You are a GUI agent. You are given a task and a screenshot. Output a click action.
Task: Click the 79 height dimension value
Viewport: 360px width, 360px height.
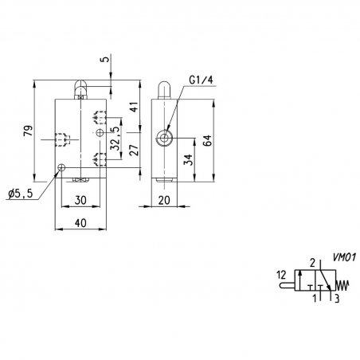tap(29, 131)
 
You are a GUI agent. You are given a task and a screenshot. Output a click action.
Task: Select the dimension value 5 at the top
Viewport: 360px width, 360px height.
tap(106, 59)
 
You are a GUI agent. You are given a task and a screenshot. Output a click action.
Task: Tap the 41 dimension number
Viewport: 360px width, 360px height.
tap(135, 107)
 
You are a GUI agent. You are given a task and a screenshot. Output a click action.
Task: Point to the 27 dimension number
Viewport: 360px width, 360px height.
tap(135, 150)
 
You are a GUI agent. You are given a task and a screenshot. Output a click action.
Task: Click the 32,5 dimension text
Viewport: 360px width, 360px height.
tap(115, 139)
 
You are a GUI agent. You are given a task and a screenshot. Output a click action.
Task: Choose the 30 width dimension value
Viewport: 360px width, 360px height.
tap(80, 200)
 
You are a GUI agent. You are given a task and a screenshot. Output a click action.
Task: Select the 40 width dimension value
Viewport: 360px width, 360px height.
tap(80, 223)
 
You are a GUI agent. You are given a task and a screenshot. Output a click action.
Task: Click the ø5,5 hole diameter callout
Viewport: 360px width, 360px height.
tap(21, 194)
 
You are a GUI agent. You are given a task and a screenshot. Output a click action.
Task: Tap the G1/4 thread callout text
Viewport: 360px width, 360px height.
tap(202, 80)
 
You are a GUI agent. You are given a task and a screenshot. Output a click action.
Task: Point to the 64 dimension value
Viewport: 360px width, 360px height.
tap(207, 140)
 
